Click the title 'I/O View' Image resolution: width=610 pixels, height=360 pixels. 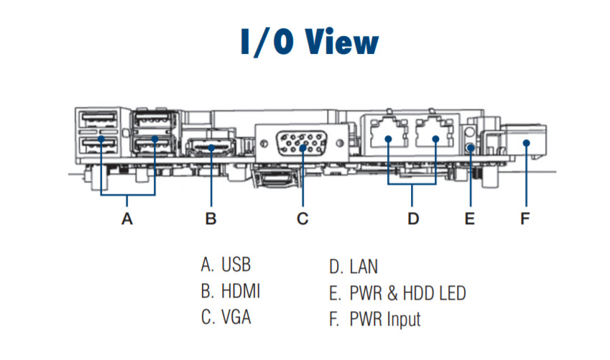click(x=309, y=42)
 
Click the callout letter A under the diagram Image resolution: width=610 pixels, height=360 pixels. click(x=127, y=218)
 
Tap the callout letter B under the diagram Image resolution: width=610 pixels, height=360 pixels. click(x=211, y=218)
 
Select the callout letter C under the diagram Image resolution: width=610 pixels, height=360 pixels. click(x=302, y=218)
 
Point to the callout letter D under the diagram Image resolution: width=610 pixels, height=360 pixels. click(x=413, y=218)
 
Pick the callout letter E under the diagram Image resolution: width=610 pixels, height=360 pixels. click(x=470, y=218)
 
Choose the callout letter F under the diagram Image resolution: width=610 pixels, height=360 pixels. click(x=525, y=218)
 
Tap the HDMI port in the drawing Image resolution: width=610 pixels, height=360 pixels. click(x=211, y=149)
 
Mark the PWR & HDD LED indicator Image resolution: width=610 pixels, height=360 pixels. click(x=471, y=147)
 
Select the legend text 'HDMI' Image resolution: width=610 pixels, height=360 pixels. click(x=241, y=291)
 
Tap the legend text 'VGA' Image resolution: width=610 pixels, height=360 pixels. click(x=236, y=317)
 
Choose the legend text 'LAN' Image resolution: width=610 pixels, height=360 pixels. click(x=364, y=267)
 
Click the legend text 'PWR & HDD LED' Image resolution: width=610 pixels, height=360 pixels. click(x=407, y=292)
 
